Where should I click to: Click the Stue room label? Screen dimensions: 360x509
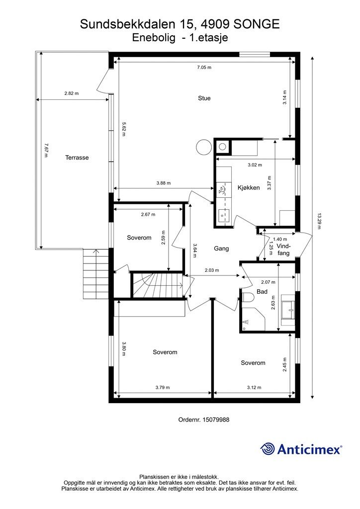pyautogui.click(x=204, y=98)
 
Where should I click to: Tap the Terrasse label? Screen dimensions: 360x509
pyautogui.click(x=77, y=158)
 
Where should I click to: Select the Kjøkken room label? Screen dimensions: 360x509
pyautogui.click(x=249, y=187)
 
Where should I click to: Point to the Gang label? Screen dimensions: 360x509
pyautogui.click(x=221, y=249)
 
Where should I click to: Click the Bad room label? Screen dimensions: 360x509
pyautogui.click(x=262, y=291)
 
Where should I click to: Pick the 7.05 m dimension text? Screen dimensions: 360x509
pyautogui.click(x=204, y=68)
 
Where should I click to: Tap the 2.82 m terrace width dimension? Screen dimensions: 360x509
pyautogui.click(x=72, y=93)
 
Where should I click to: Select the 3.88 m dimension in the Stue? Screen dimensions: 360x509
pyautogui.click(x=163, y=183)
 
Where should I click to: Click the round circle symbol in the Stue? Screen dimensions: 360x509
pyautogui.click(x=204, y=147)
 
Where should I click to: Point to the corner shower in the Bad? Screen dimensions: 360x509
pyautogui.click(x=252, y=319)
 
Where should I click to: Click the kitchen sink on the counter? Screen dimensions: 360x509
pyautogui.click(x=223, y=214)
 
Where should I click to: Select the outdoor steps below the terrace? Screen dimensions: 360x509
pyautogui.click(x=95, y=274)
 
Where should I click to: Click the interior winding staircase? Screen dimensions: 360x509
pyautogui.click(x=158, y=285)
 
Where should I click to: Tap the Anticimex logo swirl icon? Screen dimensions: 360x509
pyautogui.click(x=267, y=449)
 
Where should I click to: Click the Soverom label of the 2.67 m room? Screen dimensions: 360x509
pyautogui.click(x=139, y=238)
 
